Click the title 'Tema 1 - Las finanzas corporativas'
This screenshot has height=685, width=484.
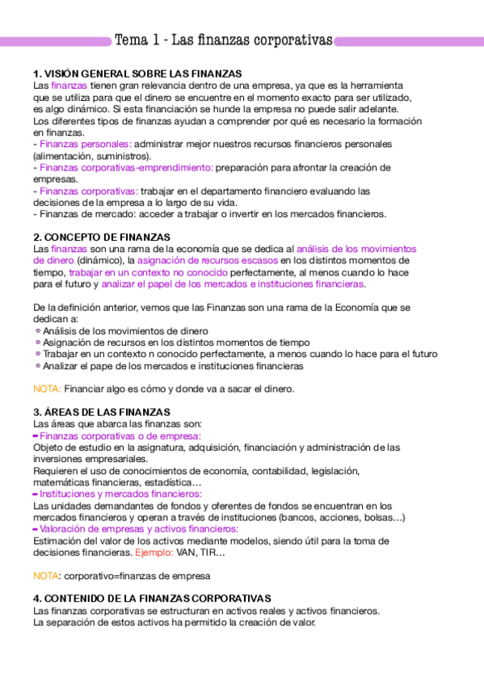point(224,40)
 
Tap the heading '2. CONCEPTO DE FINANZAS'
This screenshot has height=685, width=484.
point(101,237)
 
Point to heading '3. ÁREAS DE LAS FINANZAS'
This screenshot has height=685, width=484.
point(101,412)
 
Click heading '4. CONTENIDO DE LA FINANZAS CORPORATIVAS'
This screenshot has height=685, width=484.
point(152,599)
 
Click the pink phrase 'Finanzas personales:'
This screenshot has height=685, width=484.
point(85,144)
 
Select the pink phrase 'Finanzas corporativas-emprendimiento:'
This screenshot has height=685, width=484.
point(125,167)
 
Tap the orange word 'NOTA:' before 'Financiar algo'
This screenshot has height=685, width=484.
point(47,389)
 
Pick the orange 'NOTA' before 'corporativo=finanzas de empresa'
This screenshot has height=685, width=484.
point(45,576)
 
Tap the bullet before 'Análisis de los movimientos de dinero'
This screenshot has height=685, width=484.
point(37,331)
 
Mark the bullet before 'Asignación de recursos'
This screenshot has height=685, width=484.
point(37,342)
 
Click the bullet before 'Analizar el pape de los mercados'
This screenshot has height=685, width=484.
point(37,366)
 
